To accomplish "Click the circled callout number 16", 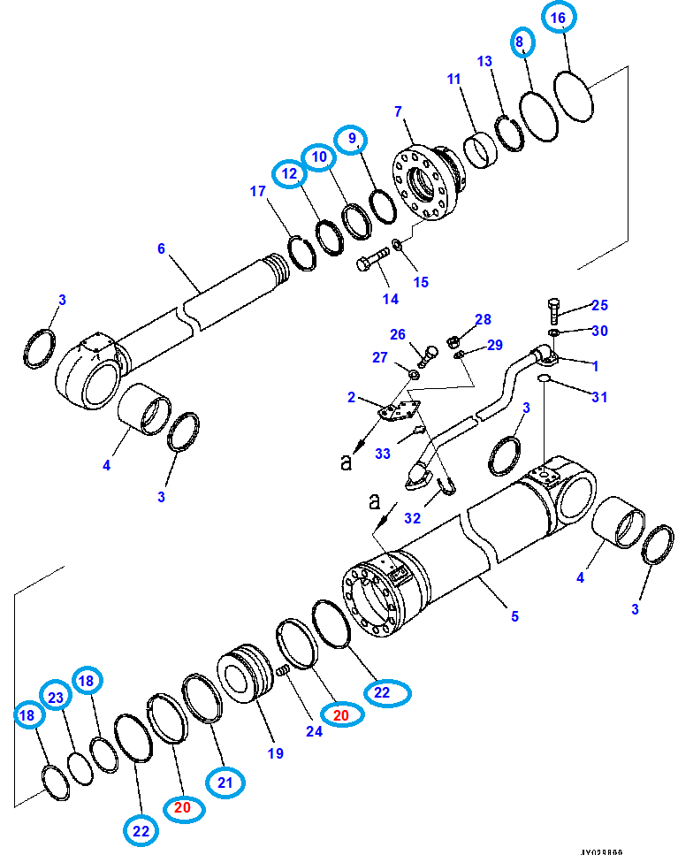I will click(x=558, y=18).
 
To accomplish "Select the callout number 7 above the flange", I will click(x=398, y=111).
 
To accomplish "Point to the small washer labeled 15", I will click(x=397, y=243).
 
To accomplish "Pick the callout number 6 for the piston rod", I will click(x=161, y=248).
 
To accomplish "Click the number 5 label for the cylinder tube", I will click(x=514, y=616).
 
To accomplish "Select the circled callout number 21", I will click(x=225, y=781).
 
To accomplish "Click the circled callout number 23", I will click(x=56, y=698).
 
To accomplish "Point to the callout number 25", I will click(x=599, y=306).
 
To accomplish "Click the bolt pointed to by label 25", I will click(x=553, y=309).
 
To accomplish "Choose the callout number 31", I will click(x=599, y=397).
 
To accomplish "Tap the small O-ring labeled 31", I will click(x=546, y=380).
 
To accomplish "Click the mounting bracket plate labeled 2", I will click(x=400, y=414).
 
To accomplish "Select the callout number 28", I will click(x=482, y=318).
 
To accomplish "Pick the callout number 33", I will click(x=382, y=454).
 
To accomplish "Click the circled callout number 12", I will click(x=290, y=175).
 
